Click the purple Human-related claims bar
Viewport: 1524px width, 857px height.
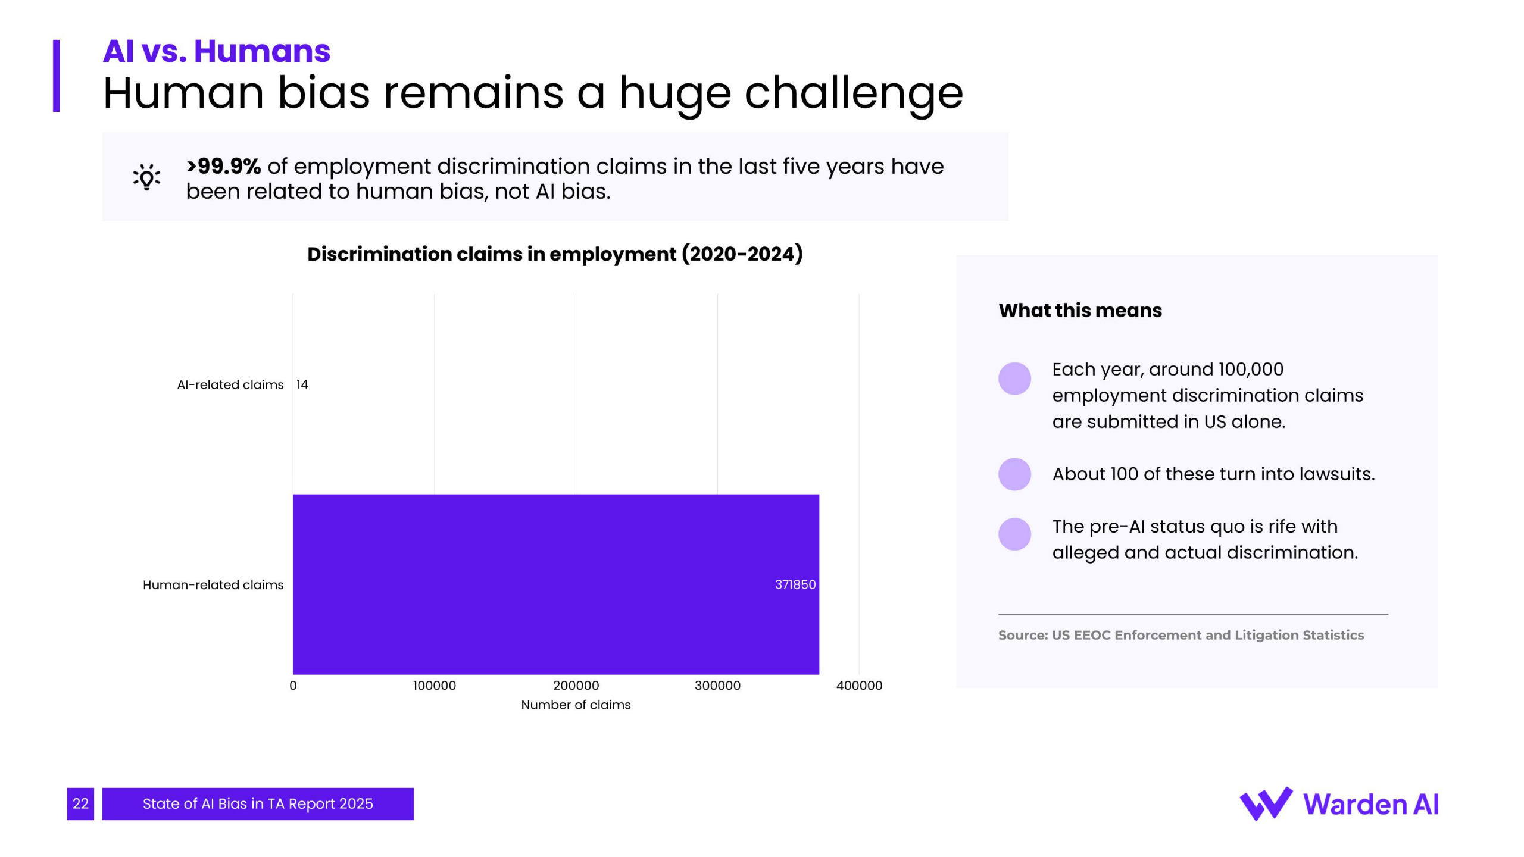coord(555,584)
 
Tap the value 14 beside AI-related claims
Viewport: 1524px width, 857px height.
coord(302,384)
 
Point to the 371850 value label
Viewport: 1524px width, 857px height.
coord(795,584)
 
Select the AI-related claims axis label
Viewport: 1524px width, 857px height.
coord(230,385)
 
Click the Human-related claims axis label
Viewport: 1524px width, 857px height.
coord(213,585)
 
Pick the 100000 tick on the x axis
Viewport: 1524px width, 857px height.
coord(435,686)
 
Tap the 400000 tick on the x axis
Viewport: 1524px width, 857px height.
coord(859,686)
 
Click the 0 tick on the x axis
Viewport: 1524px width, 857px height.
coord(293,686)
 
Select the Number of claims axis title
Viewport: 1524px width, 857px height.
coord(576,705)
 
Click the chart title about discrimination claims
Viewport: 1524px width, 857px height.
coord(555,254)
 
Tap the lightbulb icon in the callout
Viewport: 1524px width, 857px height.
coord(146,177)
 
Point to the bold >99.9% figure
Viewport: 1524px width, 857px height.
coord(224,166)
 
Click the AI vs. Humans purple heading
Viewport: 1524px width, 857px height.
coord(216,51)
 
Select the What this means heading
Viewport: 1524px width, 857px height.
coord(1080,311)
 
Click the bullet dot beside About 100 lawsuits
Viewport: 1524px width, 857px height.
coord(1014,474)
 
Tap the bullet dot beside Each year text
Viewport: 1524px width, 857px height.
coord(1014,379)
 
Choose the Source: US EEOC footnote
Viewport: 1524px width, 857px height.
coord(1181,636)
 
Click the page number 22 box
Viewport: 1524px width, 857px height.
coord(80,804)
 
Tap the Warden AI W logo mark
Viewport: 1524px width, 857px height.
coord(1266,804)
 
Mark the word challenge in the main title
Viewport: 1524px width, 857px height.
coord(854,93)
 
